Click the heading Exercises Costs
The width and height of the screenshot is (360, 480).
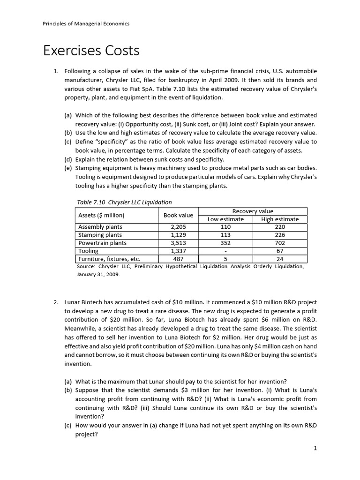click(x=91, y=50)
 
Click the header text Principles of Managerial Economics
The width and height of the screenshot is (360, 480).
click(x=86, y=23)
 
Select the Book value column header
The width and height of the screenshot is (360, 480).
click(x=178, y=215)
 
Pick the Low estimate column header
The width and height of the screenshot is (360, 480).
click(x=225, y=219)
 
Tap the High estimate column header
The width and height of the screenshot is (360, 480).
click(x=280, y=219)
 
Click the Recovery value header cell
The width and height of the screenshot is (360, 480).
click(x=253, y=211)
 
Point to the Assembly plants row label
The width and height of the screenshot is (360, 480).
click(x=100, y=227)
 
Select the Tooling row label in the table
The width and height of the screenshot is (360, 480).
click(x=89, y=251)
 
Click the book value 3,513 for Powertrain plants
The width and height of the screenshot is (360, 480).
click(x=179, y=243)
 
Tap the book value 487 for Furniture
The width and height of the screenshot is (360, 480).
click(x=179, y=259)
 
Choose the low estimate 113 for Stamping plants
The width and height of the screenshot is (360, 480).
click(x=225, y=235)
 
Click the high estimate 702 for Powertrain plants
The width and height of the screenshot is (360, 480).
click(x=280, y=243)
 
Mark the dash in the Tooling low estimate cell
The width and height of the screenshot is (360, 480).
click(x=225, y=251)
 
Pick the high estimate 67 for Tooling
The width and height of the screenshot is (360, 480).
click(x=280, y=251)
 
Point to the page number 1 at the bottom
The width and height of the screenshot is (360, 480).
click(x=316, y=448)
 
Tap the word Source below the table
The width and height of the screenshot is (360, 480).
click(x=87, y=266)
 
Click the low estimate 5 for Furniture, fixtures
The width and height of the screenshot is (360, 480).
click(x=225, y=259)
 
